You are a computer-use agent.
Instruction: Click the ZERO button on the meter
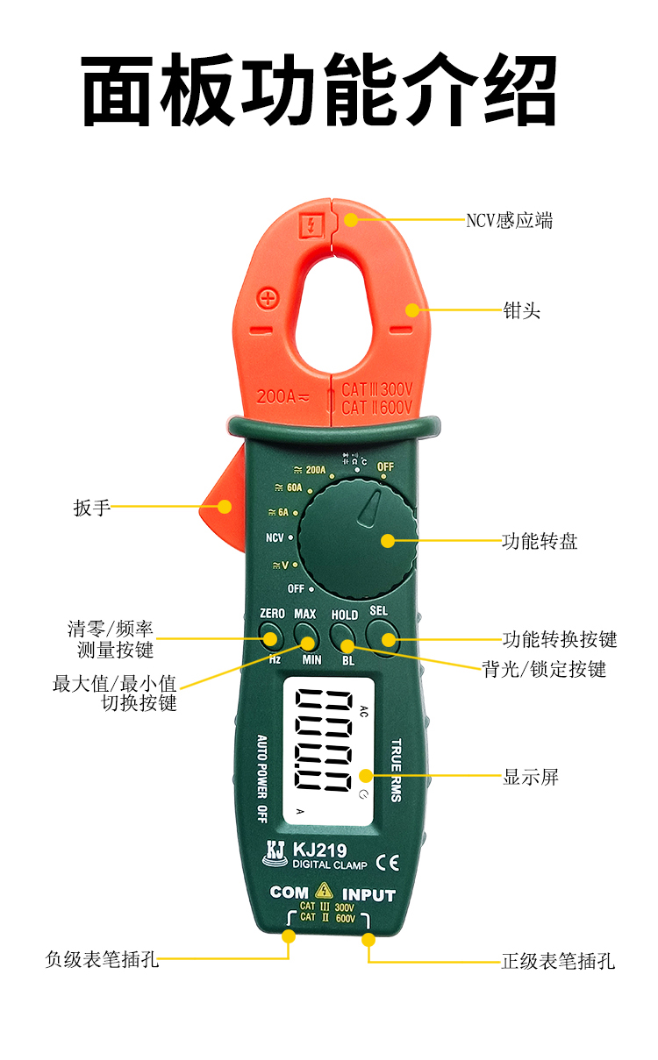[x=271, y=635]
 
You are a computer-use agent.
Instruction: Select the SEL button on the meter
[x=382, y=634]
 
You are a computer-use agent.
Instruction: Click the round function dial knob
[x=355, y=539]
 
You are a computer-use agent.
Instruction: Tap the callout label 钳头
[x=521, y=309]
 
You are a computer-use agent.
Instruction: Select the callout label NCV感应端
[x=509, y=220]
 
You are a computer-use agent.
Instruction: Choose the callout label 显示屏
[x=530, y=776]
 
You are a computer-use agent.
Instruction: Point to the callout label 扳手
[x=92, y=507]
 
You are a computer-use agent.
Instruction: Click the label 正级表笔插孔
[x=557, y=961]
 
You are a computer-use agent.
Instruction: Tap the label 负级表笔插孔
[x=102, y=959]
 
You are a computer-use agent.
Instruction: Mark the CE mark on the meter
[x=387, y=862]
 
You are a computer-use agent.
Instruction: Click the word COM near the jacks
[x=289, y=893]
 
